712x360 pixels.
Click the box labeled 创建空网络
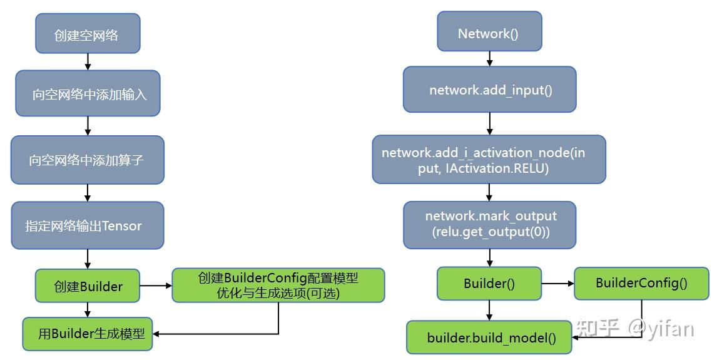tap(88, 34)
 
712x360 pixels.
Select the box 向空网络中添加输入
tap(88, 93)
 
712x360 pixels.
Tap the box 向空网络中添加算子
tap(87, 160)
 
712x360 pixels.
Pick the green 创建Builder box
tap(87, 287)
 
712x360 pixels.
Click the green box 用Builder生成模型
tap(87, 333)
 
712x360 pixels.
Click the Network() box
tap(489, 33)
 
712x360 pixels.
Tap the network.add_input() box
tap(489, 90)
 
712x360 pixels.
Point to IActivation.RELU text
tap(497, 168)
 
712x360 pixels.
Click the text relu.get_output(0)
tap(491, 232)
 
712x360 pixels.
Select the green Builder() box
tap(489, 283)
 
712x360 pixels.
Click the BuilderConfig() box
tap(641, 283)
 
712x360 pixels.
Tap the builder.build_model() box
tap(489, 337)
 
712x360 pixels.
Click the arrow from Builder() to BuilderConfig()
tap(557, 284)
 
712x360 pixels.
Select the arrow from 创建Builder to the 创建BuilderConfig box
tap(155, 286)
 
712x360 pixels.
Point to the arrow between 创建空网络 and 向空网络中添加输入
tap(88, 61)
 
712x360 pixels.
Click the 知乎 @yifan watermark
tap(635, 328)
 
